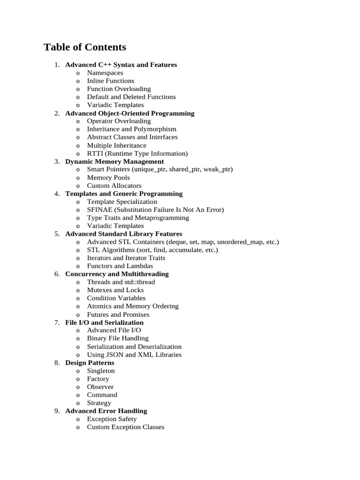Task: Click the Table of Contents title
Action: point(85,47)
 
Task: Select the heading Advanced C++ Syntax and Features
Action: point(121,65)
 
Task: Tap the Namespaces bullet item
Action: point(105,73)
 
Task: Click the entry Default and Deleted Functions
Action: point(131,97)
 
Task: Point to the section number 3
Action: point(57,161)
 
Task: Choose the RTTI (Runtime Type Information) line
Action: point(137,153)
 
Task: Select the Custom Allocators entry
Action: point(114,186)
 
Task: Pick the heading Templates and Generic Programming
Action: point(124,194)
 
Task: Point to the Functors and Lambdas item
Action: point(120,266)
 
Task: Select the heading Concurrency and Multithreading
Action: point(117,274)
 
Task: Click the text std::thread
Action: point(139,282)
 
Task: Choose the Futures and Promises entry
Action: point(118,315)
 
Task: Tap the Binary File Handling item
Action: point(118,338)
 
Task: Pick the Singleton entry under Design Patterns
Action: point(101,371)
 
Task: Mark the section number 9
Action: point(57,411)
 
